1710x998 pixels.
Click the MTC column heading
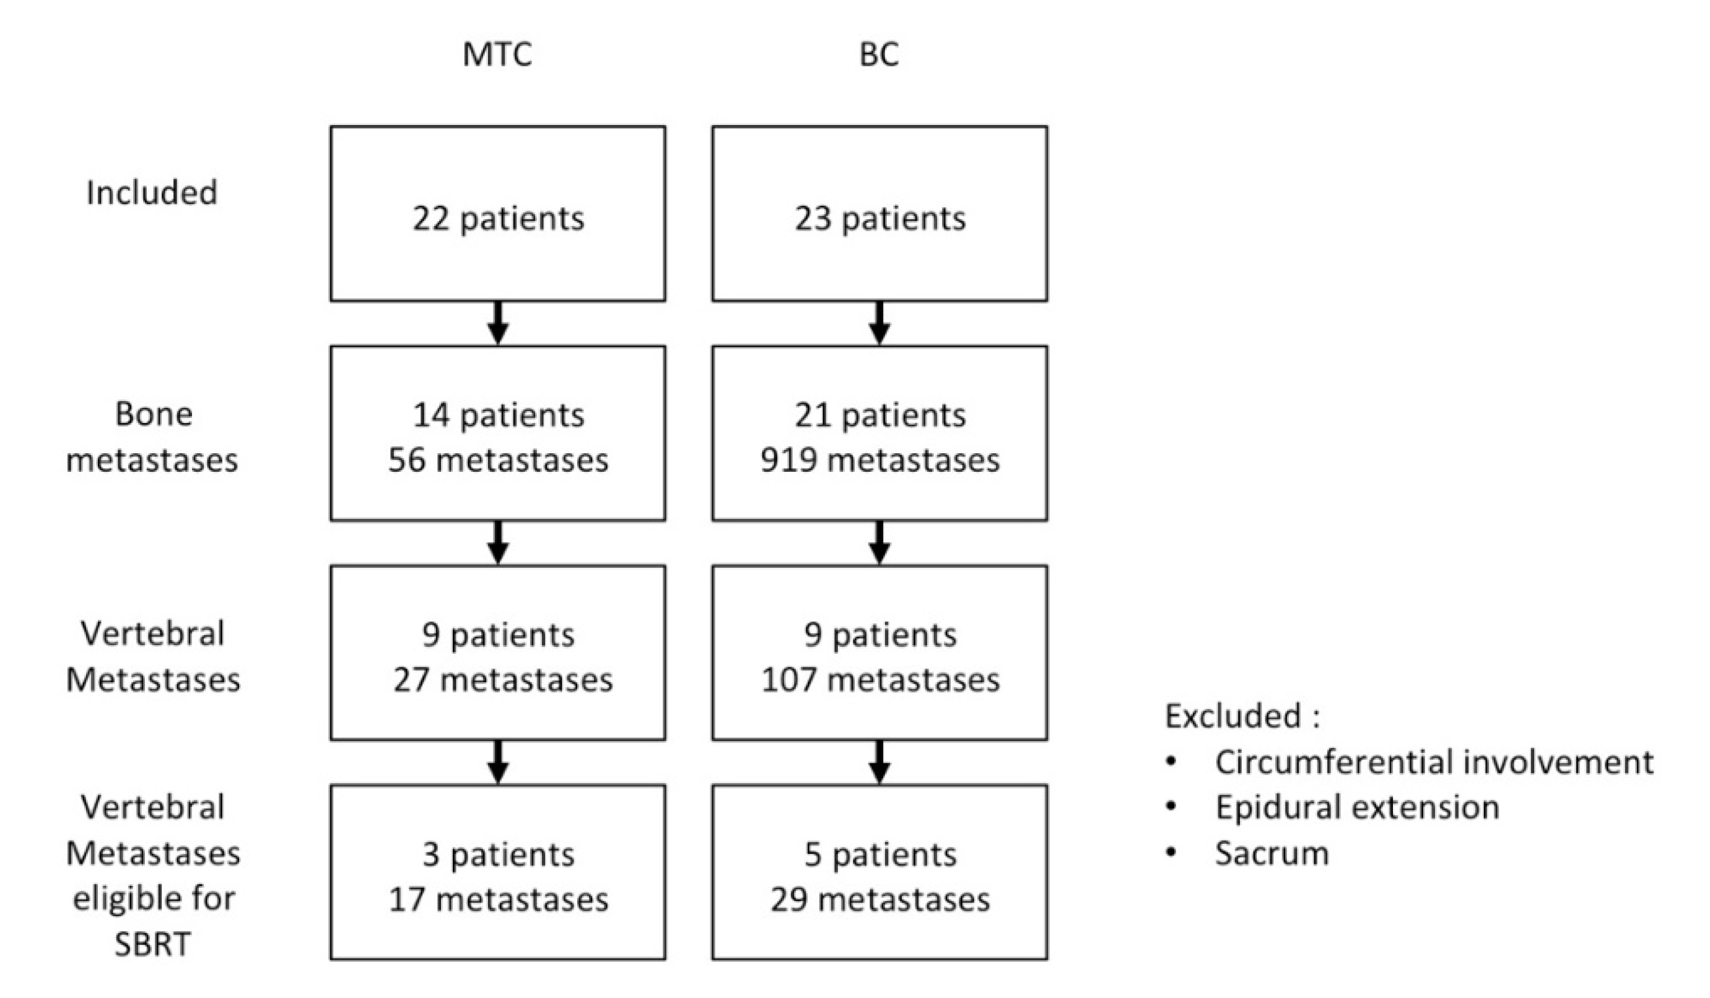[497, 54]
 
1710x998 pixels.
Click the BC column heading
[879, 54]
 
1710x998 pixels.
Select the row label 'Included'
[152, 193]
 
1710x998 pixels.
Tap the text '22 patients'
[498, 219]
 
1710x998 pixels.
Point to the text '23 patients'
[879, 219]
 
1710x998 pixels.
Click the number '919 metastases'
[879, 461]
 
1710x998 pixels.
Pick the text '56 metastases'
[498, 461]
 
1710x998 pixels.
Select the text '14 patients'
[498, 415]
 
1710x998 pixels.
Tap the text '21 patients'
[879, 415]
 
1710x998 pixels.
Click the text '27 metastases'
[502, 680]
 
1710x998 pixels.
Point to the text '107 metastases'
[880, 680]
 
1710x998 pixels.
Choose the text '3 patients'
[498, 855]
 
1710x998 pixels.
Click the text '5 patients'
[880, 855]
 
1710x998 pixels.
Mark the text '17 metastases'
[498, 900]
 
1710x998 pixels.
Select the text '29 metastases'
[880, 900]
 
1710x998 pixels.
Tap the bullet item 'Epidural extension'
[1356, 807]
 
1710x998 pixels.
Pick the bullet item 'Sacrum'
[1271, 854]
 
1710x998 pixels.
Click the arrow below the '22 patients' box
[498, 324]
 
